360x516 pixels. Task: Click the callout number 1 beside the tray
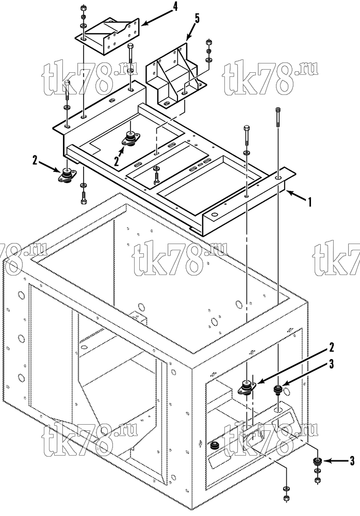[x=309, y=202]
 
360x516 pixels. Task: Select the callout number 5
[x=197, y=19]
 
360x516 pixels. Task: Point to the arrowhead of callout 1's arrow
[x=288, y=192]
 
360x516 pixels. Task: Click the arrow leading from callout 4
[x=157, y=17]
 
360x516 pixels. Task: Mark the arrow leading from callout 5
[x=191, y=31]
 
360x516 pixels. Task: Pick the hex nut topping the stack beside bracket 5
[x=208, y=42]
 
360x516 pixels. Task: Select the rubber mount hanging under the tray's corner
[x=67, y=175]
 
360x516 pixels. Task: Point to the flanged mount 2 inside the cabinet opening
[x=247, y=387]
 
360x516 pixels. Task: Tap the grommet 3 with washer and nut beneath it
[x=318, y=462]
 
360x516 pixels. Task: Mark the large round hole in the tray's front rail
[x=215, y=215]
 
